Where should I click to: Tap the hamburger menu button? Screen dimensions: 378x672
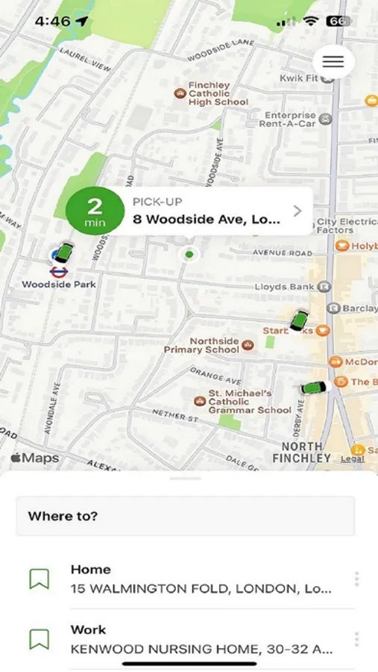333,61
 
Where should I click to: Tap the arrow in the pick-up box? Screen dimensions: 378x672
297,211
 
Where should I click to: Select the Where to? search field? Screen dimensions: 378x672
185,516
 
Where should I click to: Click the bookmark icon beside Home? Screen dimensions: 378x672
39,579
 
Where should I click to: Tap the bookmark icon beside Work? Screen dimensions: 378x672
39,639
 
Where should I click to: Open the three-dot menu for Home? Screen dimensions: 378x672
356,579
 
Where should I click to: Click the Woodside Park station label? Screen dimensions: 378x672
59,284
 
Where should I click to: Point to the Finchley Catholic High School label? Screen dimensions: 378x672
218,93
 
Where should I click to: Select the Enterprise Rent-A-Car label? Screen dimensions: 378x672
290,119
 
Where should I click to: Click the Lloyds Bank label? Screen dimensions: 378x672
286,286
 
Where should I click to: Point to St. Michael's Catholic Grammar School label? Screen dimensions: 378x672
239,401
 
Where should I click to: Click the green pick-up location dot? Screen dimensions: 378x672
189,255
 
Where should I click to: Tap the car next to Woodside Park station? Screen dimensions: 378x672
64,253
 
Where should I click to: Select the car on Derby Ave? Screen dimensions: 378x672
315,388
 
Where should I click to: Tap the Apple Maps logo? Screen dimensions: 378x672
35,458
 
